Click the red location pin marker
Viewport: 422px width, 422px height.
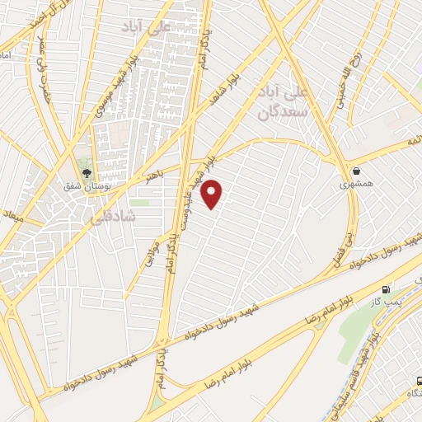click(213, 194)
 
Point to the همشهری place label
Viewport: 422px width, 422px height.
click(356, 185)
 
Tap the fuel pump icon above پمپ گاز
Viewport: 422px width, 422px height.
click(386, 289)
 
